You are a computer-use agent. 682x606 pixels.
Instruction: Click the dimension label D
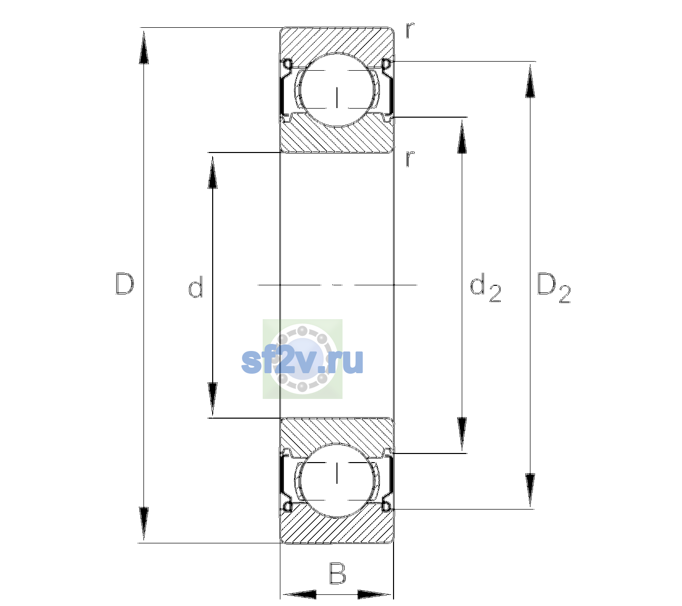(125, 284)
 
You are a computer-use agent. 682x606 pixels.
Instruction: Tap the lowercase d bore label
(196, 287)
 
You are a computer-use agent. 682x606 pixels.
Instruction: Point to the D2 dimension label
(554, 288)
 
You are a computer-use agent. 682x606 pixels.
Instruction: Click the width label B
(337, 573)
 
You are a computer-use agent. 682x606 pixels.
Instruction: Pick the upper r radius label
(410, 30)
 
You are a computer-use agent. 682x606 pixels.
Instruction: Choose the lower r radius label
(410, 159)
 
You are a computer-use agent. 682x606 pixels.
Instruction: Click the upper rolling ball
(337, 89)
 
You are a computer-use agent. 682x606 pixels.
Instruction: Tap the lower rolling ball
(337, 480)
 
